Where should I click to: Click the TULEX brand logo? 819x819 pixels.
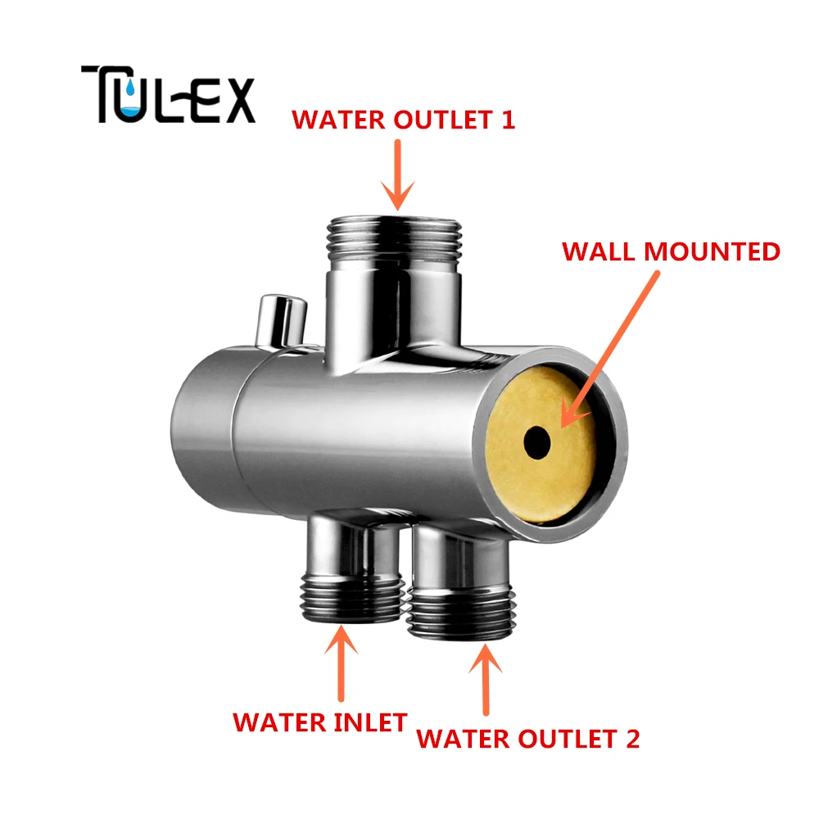click(x=168, y=94)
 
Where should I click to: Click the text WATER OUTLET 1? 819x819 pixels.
click(x=403, y=120)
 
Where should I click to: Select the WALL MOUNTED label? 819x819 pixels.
click(x=671, y=251)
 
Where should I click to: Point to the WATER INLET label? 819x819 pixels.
click(x=319, y=723)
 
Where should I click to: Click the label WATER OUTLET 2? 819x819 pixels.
click(x=528, y=739)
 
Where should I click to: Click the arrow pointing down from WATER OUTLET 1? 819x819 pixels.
click(x=397, y=174)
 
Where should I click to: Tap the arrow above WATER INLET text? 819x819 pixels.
click(x=341, y=663)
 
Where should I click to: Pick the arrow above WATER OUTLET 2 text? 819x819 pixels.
click(x=486, y=680)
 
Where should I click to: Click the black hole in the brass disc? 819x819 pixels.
click(x=537, y=442)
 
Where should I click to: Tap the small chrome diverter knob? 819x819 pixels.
click(x=280, y=321)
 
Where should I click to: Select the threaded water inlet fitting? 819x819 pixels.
click(x=352, y=598)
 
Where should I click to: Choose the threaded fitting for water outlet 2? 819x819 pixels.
click(x=461, y=612)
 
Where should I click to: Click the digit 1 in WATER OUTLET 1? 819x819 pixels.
click(x=509, y=120)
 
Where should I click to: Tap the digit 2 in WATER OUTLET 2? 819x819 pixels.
click(x=632, y=739)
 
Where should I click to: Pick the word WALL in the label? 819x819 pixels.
click(x=600, y=251)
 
